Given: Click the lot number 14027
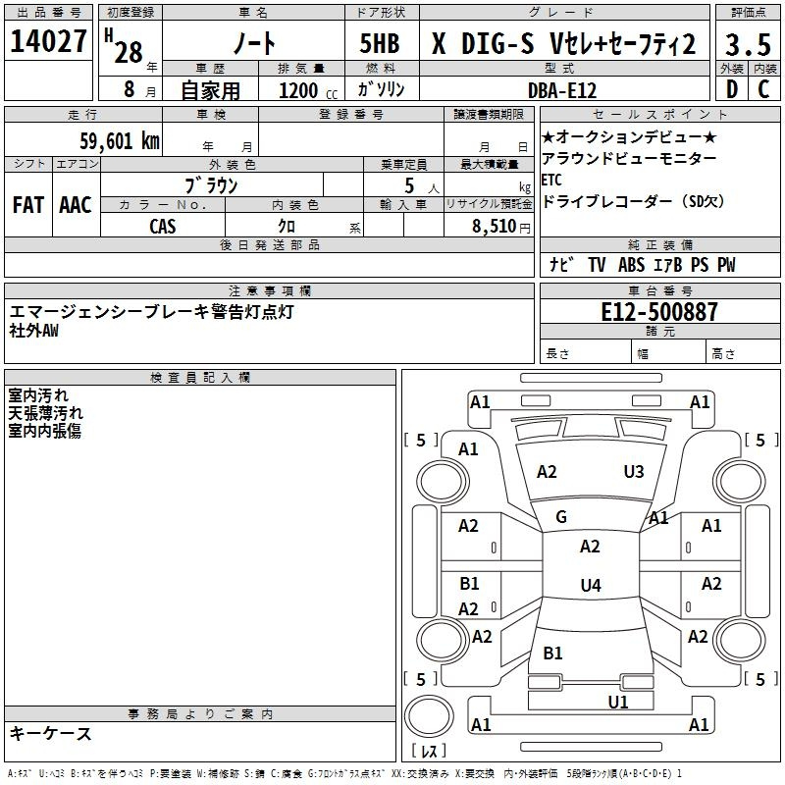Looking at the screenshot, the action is [x=48, y=41].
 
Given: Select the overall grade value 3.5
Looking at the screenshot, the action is [x=748, y=45].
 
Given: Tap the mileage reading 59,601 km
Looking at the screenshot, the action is [x=120, y=141].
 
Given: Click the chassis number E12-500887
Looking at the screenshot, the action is [x=659, y=312].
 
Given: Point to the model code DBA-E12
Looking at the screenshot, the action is [x=562, y=90].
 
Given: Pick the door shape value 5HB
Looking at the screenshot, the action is [x=380, y=43].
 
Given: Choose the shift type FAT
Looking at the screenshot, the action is [x=28, y=205].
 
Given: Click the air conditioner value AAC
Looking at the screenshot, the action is [x=76, y=205].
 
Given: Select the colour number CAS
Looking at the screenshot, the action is [x=163, y=227].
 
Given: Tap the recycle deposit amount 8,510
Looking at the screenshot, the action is [x=495, y=227].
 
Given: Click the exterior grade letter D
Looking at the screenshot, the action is [x=732, y=89].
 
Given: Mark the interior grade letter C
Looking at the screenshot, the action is [x=763, y=89].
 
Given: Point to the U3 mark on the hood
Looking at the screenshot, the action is [x=634, y=472].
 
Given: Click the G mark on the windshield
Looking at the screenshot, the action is [x=561, y=517].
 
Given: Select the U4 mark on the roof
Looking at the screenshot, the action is [x=591, y=585].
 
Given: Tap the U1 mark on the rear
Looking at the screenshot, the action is [x=618, y=703].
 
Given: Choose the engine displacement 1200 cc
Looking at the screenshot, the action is [x=308, y=90].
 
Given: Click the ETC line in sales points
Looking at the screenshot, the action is [x=551, y=180].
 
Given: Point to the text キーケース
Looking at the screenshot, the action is [x=51, y=733].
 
